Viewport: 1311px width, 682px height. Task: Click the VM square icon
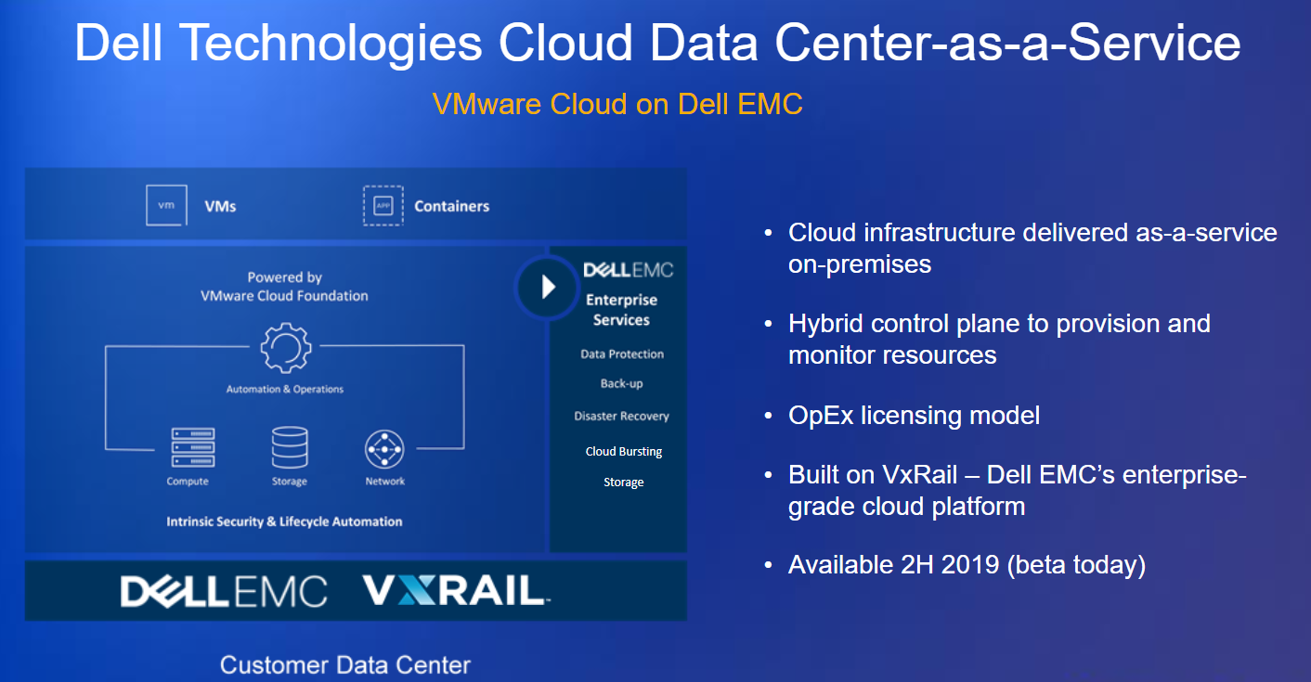[x=167, y=205]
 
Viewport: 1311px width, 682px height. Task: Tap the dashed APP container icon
[x=383, y=205]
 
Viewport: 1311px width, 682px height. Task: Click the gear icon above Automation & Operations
[x=286, y=347]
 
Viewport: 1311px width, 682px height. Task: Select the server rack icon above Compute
[x=193, y=447]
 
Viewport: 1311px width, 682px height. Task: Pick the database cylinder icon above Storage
[x=290, y=447]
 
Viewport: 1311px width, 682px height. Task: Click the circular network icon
[x=384, y=449]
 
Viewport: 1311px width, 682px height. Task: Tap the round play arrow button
[x=547, y=288]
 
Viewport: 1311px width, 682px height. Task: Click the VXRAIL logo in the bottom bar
[x=456, y=590]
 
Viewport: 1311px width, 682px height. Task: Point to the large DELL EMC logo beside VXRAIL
[x=224, y=591]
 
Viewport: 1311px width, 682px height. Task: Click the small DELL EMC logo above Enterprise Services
[x=628, y=270]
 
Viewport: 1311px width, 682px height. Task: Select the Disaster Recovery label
[x=621, y=416]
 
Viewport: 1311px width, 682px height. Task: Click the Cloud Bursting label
[x=624, y=452]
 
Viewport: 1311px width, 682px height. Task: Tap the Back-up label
[x=621, y=384]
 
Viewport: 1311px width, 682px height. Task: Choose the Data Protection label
[x=622, y=354]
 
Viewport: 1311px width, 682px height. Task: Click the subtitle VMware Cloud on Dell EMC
[x=617, y=104]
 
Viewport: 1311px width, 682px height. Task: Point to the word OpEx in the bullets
[x=821, y=416]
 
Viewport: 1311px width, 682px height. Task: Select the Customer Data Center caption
[x=345, y=665]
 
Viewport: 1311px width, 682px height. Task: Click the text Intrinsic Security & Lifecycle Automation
[x=284, y=521]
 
